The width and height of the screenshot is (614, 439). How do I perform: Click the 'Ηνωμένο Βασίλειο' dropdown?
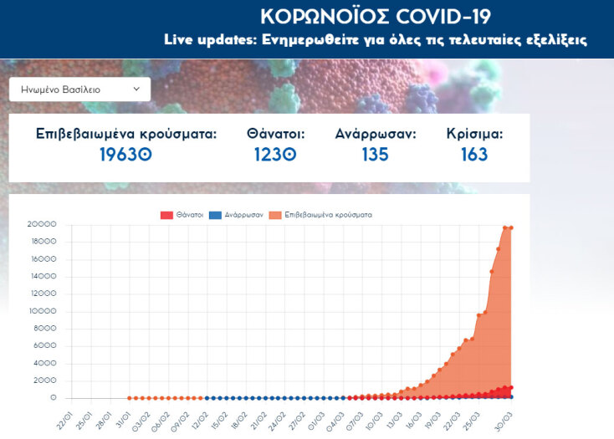click(x=79, y=89)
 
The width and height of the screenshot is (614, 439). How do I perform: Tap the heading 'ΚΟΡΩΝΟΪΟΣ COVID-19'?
click(x=375, y=17)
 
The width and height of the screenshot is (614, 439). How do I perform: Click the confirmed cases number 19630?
click(x=125, y=155)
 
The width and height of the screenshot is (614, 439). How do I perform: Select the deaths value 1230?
click(x=275, y=155)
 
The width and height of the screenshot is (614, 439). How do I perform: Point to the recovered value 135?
click(x=375, y=155)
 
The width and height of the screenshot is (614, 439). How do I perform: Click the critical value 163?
click(x=474, y=155)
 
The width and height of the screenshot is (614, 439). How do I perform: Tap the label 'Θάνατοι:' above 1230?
click(x=275, y=134)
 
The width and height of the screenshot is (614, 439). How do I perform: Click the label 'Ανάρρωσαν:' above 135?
click(x=375, y=134)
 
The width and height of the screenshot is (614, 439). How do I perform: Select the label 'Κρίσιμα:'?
click(x=474, y=134)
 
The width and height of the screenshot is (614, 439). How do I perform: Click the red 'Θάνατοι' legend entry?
click(x=182, y=215)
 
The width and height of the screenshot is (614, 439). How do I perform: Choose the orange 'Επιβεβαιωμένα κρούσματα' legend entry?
click(x=321, y=215)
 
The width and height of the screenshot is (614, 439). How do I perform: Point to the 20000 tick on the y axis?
click(x=41, y=224)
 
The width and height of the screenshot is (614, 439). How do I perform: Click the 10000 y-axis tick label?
click(x=41, y=311)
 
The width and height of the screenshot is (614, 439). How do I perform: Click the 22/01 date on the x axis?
click(x=64, y=418)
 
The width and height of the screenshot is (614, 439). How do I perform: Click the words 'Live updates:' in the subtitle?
click(x=211, y=39)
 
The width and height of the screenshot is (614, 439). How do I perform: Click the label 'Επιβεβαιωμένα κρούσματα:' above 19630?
click(x=125, y=134)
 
